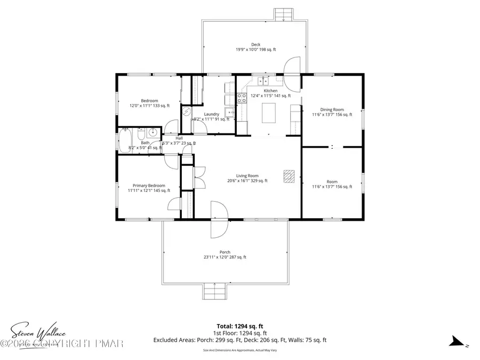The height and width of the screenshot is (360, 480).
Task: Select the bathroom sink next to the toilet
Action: tap(153, 133)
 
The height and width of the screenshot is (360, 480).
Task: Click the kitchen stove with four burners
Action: tap(242, 98)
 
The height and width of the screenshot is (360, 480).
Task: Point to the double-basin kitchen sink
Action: tap(263, 82)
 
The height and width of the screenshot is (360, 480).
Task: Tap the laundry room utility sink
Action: tap(229, 112)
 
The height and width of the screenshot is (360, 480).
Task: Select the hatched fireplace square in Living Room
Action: tap(289, 177)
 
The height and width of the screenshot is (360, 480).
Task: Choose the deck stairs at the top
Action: tap(282, 13)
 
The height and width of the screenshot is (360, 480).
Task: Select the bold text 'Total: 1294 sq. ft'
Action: tap(240, 325)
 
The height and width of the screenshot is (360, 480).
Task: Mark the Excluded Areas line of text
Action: tap(240, 340)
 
